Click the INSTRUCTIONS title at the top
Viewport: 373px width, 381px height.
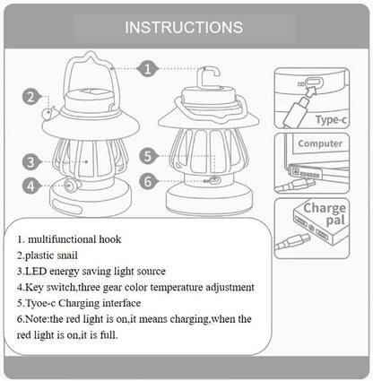pos(183,27)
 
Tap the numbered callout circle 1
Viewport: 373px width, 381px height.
pos(149,67)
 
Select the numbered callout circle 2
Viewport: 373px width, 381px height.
pos(30,99)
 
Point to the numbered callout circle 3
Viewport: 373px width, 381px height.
pos(30,162)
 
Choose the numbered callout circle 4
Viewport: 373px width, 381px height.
pos(30,186)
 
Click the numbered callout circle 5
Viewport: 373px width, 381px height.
pos(150,155)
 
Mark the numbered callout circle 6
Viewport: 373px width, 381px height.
pos(150,180)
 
